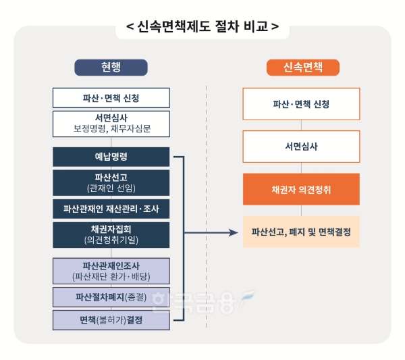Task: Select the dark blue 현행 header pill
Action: [111, 68]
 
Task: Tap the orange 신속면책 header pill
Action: [303, 68]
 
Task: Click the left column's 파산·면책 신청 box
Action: [111, 98]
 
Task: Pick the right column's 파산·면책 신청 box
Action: [301, 104]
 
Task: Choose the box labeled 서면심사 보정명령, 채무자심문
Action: [111, 123]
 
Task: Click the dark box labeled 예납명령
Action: [111, 157]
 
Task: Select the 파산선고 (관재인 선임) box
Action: [111, 182]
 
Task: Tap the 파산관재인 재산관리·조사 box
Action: [111, 209]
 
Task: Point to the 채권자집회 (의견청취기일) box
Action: [111, 234]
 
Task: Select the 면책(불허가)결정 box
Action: [111, 320]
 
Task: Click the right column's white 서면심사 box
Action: [301, 147]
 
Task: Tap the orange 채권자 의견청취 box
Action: [301, 190]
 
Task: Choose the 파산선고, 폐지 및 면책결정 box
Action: [301, 232]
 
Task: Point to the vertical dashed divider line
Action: [207, 203]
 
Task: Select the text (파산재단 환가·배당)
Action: [111, 276]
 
